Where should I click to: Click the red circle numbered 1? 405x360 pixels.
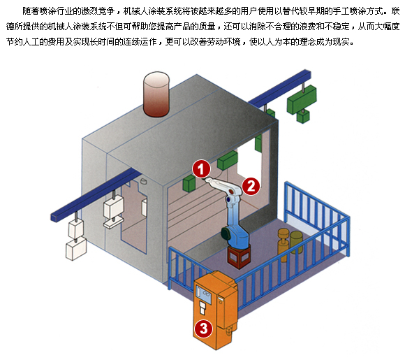point(201,169)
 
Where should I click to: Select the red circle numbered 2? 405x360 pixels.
point(251,186)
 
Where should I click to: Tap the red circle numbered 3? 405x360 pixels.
point(204,329)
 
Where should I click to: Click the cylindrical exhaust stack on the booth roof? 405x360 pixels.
point(156,94)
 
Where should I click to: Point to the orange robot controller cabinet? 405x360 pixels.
point(215,310)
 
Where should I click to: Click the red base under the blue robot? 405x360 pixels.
point(239,256)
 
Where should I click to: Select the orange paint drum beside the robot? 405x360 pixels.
point(283,245)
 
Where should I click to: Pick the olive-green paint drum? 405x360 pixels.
point(296,243)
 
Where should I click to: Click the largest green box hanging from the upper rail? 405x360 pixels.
point(302,99)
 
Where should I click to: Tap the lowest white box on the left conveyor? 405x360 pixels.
point(76,249)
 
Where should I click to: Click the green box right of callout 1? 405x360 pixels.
point(228,160)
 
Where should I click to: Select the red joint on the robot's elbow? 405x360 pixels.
point(232,192)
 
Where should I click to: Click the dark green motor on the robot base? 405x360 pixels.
point(226,233)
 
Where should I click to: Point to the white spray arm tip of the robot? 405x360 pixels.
point(207,179)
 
